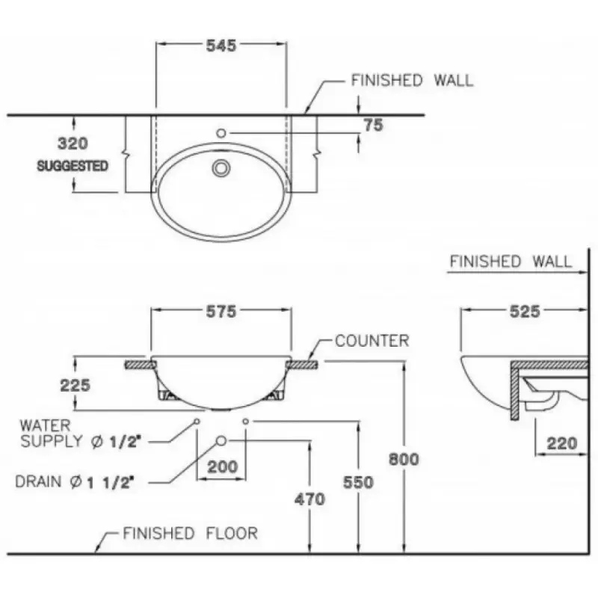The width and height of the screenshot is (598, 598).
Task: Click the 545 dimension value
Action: coord(221,46)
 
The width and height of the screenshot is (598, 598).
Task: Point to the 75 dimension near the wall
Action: coord(373,126)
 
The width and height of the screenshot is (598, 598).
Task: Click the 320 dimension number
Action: coord(73,143)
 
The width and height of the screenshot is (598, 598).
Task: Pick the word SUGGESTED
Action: coord(73,166)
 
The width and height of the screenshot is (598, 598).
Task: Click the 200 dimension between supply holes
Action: coord(222,467)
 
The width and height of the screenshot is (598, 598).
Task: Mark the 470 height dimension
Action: coord(309,498)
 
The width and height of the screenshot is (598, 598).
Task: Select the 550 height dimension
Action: coord(358,483)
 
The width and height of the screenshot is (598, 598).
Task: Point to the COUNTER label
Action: coord(372,342)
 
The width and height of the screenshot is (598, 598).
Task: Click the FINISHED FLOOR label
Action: coord(190,534)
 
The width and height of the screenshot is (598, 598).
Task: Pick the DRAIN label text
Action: coord(74,482)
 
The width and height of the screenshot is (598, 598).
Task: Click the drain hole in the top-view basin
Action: coord(221,167)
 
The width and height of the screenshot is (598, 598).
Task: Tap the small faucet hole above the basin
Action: coord(221,133)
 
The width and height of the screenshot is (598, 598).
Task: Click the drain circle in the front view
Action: coord(221,440)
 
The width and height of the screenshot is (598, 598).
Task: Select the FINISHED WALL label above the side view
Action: coord(511,262)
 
